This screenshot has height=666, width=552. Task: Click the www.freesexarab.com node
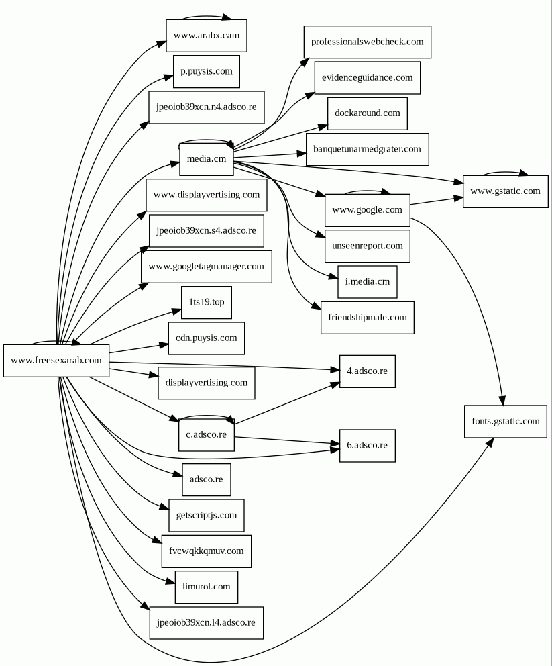click(56, 361)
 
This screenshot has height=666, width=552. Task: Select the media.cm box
click(206, 159)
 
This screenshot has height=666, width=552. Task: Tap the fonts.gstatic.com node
click(505, 422)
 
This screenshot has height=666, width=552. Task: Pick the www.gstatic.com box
click(505, 191)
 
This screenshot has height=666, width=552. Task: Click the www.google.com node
click(367, 210)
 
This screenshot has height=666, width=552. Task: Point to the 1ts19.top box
click(206, 302)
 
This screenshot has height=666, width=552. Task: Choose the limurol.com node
click(206, 587)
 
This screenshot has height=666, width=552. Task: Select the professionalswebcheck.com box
click(367, 42)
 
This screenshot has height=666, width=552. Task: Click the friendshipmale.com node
click(367, 318)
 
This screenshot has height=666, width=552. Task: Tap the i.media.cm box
click(367, 282)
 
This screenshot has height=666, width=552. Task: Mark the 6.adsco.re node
click(367, 446)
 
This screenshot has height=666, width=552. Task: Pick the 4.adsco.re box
click(367, 371)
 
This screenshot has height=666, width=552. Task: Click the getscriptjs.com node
click(206, 516)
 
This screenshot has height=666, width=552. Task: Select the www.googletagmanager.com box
click(206, 267)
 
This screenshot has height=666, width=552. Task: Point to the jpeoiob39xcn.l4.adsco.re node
click(206, 623)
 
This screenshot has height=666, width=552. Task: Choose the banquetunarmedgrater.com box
click(367, 149)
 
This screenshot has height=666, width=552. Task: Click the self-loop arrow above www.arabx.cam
click(206, 16)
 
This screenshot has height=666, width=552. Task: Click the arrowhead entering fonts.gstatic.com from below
click(490, 442)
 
